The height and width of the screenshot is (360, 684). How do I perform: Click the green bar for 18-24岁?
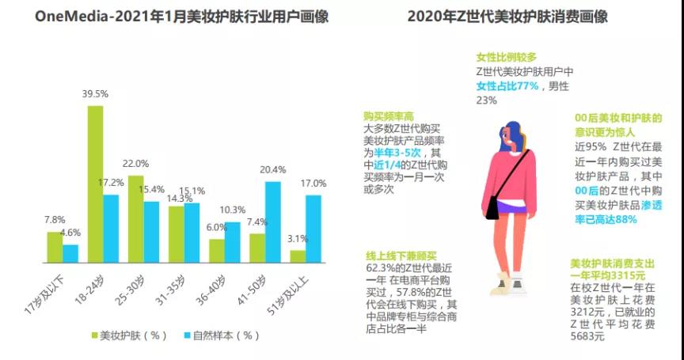coord(95,184)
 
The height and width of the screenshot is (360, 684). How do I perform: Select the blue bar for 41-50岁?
coord(273,222)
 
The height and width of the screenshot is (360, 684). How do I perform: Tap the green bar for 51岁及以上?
coord(298,256)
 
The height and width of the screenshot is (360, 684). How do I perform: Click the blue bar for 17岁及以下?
coord(70,253)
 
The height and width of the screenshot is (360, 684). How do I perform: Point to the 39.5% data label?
coord(95,94)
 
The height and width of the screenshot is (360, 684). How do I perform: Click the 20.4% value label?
coord(273,169)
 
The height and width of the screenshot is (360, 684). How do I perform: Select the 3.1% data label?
coord(298,239)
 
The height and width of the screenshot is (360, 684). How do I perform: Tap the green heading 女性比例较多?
coord(507,58)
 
